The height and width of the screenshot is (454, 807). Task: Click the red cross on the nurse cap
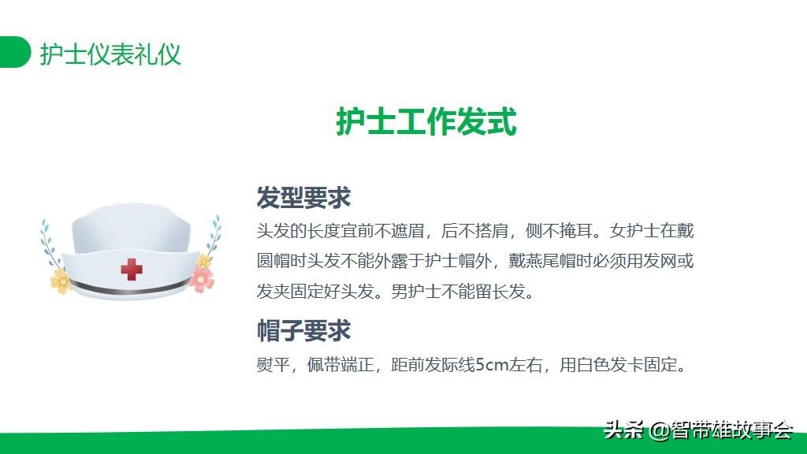[132, 270]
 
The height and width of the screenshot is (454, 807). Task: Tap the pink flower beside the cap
[202, 279]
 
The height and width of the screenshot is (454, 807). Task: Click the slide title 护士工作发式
[426, 122]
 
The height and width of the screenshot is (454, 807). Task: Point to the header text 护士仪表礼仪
[110, 54]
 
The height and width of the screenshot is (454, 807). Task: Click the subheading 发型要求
[303, 198]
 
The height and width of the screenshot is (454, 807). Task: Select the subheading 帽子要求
[303, 330]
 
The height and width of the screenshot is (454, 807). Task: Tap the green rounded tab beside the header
[15, 52]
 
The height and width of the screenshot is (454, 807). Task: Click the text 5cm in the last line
[492, 365]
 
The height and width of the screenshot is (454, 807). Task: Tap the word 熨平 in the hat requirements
[273, 365]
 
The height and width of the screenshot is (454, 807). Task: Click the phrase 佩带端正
[340, 365]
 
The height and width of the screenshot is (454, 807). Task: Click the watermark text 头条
[623, 430]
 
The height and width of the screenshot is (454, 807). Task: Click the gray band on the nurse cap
[129, 289]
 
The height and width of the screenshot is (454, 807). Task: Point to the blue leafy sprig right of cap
[214, 236]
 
